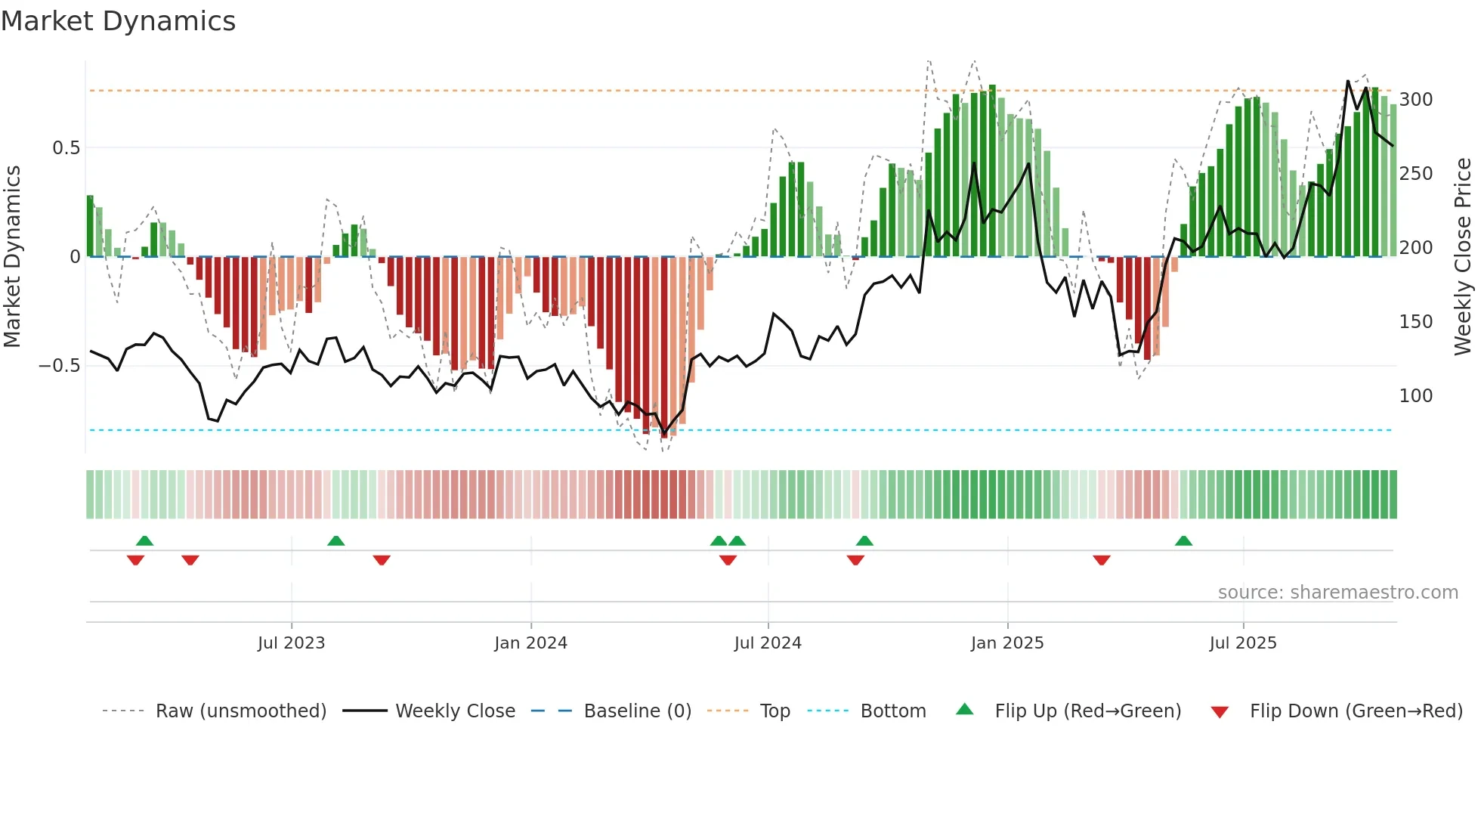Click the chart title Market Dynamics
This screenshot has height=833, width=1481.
(x=118, y=21)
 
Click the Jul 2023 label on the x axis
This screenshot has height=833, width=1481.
(x=291, y=643)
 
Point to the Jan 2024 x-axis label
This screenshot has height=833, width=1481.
(x=530, y=643)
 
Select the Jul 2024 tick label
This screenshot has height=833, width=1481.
(x=768, y=643)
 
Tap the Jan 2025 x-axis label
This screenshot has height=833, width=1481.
(x=1007, y=643)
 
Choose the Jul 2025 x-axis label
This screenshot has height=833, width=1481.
(x=1243, y=643)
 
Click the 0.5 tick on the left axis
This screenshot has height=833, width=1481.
(x=66, y=148)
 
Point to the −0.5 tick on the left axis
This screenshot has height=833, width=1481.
(x=60, y=366)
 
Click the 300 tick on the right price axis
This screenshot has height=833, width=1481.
(x=1416, y=100)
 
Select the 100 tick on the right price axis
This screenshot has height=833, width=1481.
(x=1416, y=396)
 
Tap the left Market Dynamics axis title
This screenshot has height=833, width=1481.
(x=12, y=257)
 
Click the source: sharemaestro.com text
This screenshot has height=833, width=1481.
(x=1337, y=593)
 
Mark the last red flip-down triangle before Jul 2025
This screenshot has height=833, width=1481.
(x=1102, y=560)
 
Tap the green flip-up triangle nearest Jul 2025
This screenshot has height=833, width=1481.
(x=1184, y=540)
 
